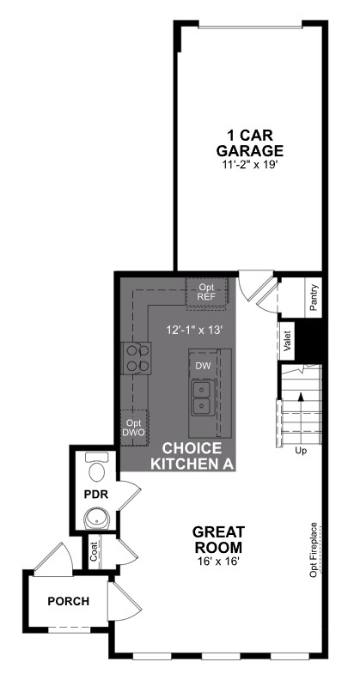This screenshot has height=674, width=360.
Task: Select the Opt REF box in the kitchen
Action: (207, 292)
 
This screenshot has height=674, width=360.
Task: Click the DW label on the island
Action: (203, 367)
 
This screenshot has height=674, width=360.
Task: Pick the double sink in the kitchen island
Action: (203, 396)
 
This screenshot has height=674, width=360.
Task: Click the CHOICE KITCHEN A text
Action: (192, 456)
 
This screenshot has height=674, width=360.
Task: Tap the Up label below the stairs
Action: (301, 450)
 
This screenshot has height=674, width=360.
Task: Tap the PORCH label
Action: (68, 601)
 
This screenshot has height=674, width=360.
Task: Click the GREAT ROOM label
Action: (217, 539)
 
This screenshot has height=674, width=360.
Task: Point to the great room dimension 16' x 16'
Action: (217, 562)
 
